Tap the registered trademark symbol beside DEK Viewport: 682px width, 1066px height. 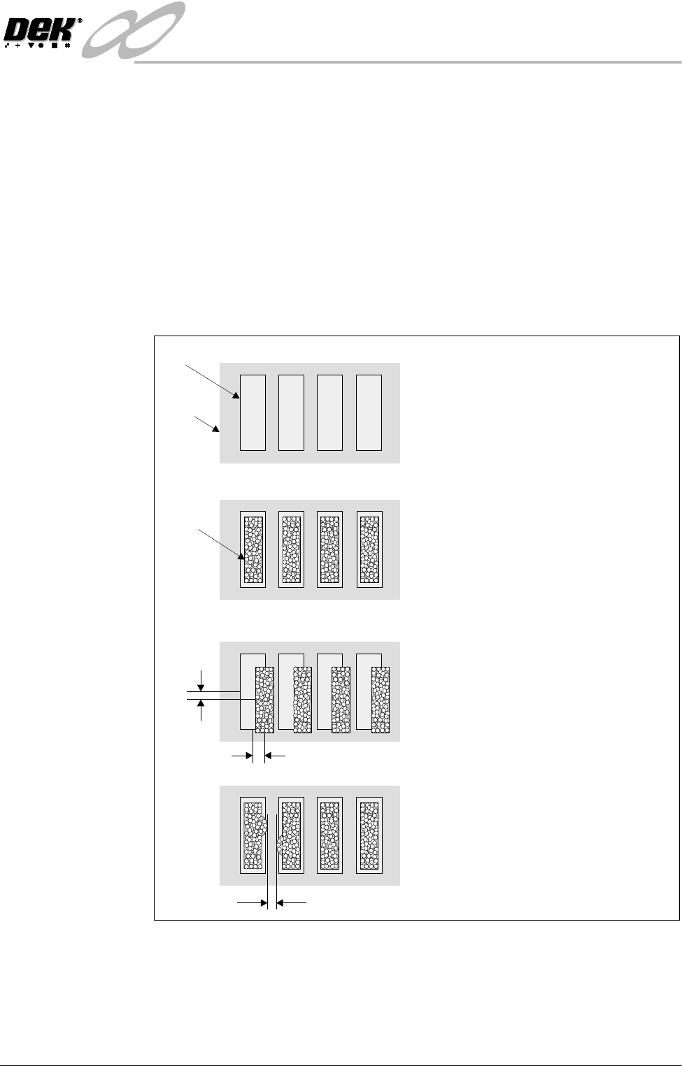(x=79, y=22)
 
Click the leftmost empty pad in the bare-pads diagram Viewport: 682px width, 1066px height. (x=253, y=412)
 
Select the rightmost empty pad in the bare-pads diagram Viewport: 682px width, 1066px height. (x=369, y=412)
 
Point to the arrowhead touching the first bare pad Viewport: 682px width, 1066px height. (x=236, y=396)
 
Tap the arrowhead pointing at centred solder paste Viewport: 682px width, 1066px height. (x=241, y=558)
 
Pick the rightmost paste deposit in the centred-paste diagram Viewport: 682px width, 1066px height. (x=369, y=549)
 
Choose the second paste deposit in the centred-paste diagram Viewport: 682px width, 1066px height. (x=291, y=549)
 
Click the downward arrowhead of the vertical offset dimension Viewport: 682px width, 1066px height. (x=201, y=686)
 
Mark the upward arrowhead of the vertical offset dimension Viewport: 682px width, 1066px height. (x=201, y=705)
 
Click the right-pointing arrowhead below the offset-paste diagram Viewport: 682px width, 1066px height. (x=248, y=756)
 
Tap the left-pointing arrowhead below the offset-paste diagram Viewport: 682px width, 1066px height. (x=270, y=756)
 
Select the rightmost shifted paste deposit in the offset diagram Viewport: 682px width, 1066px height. (x=380, y=700)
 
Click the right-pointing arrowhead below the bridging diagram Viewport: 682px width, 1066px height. (x=264, y=903)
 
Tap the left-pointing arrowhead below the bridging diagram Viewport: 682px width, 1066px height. (x=282, y=903)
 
